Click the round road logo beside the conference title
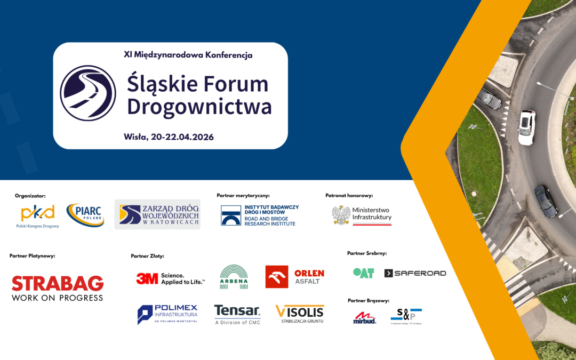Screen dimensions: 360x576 tap(88, 93)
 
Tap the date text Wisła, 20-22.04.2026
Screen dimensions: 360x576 tap(169, 137)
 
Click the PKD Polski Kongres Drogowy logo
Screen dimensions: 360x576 tap(37, 215)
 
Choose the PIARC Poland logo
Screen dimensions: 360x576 tap(85, 215)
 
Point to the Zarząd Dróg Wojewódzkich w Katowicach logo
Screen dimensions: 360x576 tap(157, 214)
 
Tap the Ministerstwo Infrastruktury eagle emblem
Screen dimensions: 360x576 tap(341, 215)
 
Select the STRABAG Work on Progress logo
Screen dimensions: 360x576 tap(58, 288)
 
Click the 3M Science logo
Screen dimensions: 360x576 tap(170, 278)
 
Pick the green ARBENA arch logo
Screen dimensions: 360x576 tap(234, 277)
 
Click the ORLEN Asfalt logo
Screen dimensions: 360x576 tap(294, 277)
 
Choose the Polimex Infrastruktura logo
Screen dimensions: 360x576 tap(167, 314)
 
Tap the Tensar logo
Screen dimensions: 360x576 tap(237, 314)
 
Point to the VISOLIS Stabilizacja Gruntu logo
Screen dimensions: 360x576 tap(300, 314)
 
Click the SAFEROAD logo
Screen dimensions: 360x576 tap(415, 273)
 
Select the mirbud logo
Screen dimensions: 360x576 tap(365, 318)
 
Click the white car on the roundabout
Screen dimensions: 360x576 tap(526, 127)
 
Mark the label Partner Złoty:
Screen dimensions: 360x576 tap(147, 256)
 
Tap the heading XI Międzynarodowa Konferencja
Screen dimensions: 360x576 tap(188, 54)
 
